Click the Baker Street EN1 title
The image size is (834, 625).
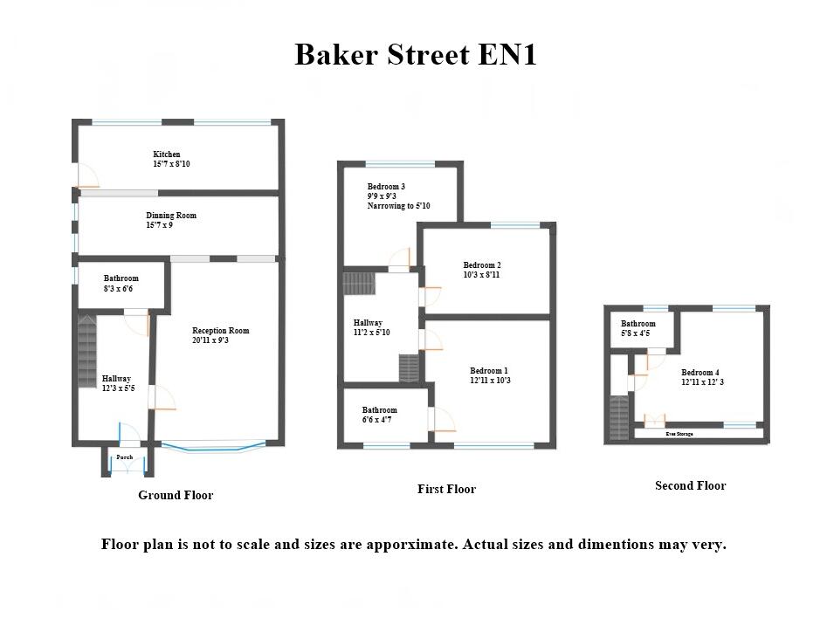coord(415,55)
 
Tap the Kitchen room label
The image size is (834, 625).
coord(166,155)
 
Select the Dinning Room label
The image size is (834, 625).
coord(171,216)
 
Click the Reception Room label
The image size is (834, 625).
coord(221,331)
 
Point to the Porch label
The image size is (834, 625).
coord(125,457)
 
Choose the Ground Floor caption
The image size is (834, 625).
coord(176,495)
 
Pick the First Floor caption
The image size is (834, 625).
coord(446,490)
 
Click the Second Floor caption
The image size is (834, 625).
coord(690,486)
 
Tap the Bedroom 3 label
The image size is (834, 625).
coord(386,187)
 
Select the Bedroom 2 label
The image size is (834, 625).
coord(482,265)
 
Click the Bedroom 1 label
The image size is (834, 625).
coord(489,371)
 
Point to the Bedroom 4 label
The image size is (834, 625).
coord(701,373)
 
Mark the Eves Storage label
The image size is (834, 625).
coord(679,433)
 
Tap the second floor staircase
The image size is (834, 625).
coord(619,418)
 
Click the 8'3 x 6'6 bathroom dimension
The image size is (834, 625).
coord(118,288)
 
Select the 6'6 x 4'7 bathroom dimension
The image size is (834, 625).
coord(377,420)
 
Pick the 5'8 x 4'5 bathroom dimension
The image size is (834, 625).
coord(635,333)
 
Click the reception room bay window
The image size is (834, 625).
coord(214,448)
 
